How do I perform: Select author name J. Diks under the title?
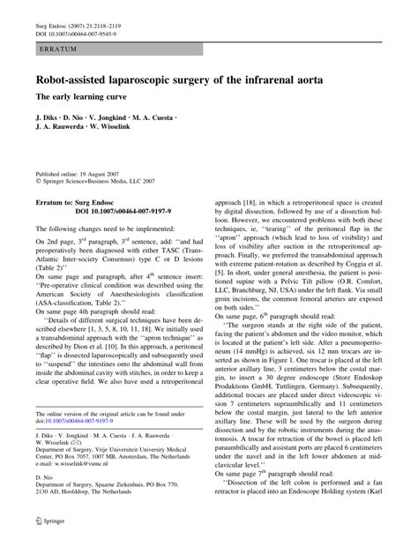47,116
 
